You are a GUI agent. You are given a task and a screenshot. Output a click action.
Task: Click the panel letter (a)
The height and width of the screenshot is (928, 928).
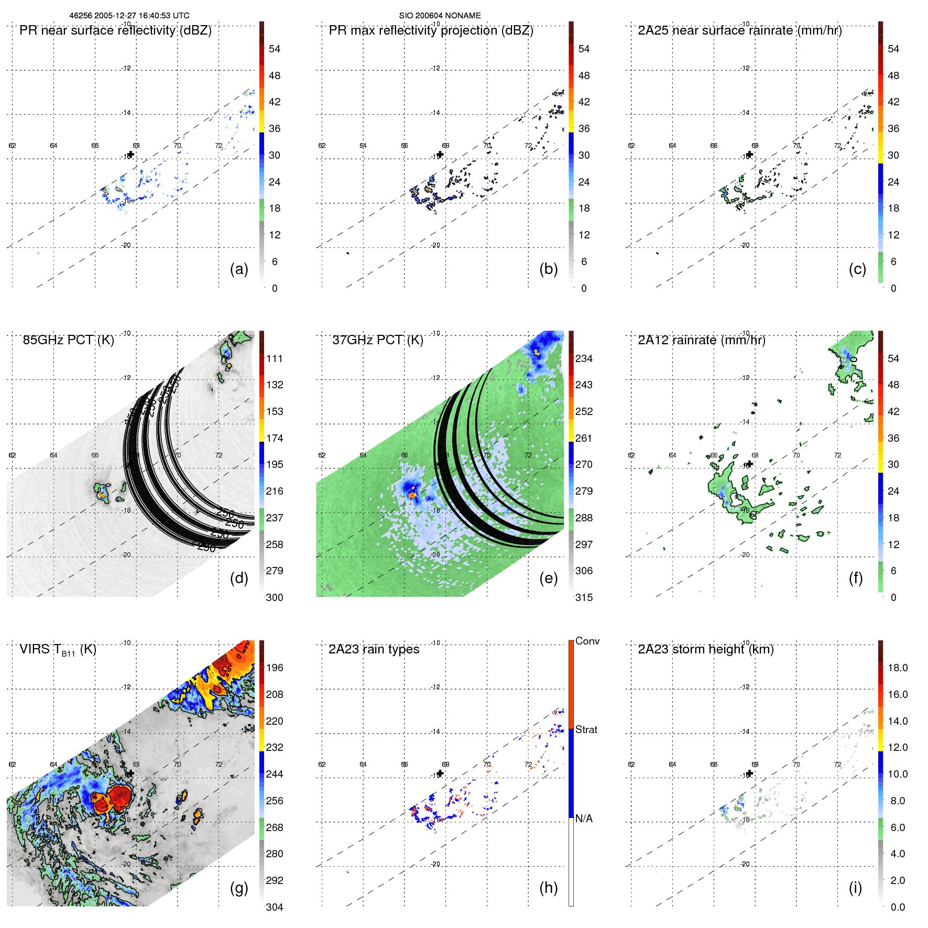[239, 269]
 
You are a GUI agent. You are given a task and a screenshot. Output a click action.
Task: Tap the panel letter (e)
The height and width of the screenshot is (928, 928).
[548, 578]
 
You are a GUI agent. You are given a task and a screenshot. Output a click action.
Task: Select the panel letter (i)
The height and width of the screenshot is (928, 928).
[855, 888]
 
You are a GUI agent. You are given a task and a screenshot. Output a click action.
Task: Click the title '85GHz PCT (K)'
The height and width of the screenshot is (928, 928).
[68, 340]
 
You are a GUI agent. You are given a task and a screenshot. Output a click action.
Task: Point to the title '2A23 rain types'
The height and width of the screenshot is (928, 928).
[374, 649]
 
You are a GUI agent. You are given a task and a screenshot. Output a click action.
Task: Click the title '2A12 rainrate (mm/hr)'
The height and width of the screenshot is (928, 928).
[701, 340]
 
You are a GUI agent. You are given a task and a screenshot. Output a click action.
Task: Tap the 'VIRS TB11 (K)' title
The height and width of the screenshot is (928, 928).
[58, 650]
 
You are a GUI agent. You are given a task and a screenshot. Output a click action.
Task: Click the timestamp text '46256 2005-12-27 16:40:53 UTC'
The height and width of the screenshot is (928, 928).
[129, 16]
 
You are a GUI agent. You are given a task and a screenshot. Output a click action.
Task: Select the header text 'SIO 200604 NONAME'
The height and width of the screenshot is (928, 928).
[440, 16]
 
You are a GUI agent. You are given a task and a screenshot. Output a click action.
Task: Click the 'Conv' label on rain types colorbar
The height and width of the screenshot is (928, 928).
[587, 641]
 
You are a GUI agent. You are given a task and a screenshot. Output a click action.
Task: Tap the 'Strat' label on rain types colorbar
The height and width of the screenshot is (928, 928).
[586, 729]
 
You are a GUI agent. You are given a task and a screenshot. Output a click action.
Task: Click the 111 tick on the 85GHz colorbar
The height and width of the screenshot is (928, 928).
[275, 358]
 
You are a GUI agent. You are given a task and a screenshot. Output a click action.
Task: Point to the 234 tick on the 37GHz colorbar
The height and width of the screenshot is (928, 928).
[584, 358]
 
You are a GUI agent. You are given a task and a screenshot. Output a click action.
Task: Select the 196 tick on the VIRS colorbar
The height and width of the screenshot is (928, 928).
[275, 668]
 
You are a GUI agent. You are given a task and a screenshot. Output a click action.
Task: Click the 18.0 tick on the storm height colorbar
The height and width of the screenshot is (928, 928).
[897, 668]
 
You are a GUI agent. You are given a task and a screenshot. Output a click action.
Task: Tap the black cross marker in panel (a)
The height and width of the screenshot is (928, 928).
[131, 155]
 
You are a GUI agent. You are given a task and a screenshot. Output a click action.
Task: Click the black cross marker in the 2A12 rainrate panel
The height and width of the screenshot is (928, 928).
[750, 464]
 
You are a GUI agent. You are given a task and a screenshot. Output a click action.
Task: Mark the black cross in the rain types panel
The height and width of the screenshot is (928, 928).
[440, 773]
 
